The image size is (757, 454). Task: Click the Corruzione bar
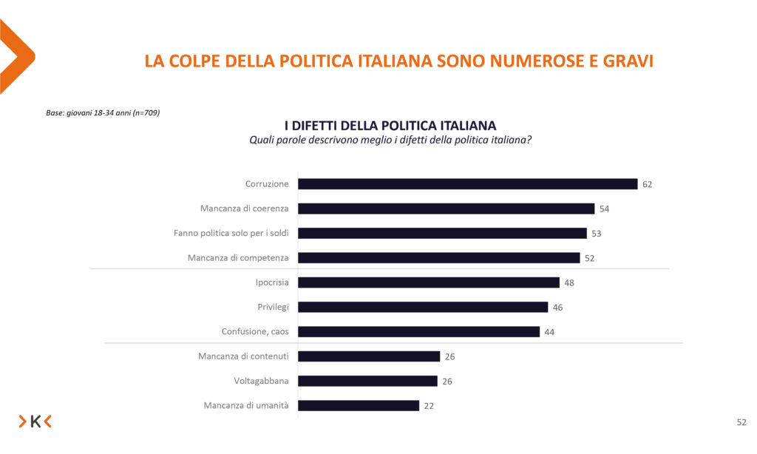click(467, 184)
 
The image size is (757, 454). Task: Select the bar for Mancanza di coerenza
click(446, 209)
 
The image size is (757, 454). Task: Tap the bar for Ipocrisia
click(428, 282)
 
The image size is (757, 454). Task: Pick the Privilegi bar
click(422, 307)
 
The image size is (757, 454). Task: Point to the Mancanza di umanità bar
click(359, 405)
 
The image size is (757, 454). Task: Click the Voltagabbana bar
click(367, 381)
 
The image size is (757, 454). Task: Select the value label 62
click(648, 184)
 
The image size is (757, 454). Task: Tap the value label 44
click(549, 332)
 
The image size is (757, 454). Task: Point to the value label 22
click(429, 405)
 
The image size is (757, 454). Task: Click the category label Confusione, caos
click(255, 331)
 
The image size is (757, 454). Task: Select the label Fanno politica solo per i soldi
click(231, 233)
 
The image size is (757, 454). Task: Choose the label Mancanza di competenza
click(239, 257)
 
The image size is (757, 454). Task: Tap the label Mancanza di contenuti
click(243, 356)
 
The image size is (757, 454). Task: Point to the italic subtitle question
click(390, 139)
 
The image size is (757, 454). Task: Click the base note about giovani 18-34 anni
click(103, 112)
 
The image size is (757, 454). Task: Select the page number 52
click(741, 422)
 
